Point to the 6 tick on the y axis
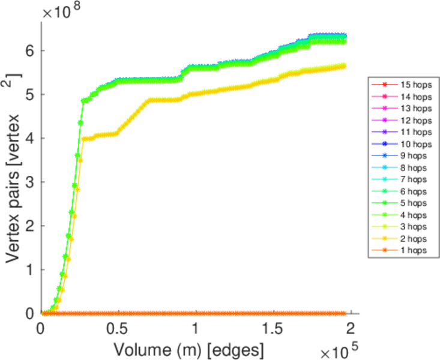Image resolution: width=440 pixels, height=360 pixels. pos(30,51)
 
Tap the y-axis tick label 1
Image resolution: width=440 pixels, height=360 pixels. pos(30,269)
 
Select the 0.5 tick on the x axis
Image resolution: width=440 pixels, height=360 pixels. pos(118,329)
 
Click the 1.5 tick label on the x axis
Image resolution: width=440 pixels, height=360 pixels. pos(274,329)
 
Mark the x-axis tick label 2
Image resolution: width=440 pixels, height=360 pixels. pos(352,329)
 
